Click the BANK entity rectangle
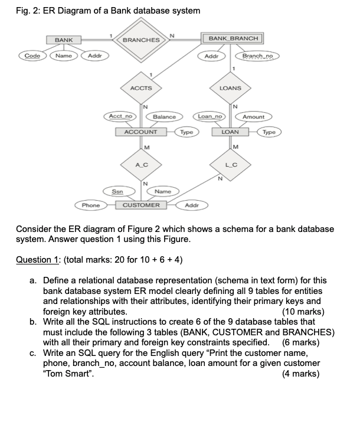64,40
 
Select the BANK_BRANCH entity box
233,38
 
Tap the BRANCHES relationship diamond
141,40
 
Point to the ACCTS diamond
141,88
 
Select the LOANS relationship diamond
230,88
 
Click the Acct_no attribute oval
120,116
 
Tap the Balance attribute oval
164,117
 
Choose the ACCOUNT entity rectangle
140,132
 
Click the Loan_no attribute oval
210,116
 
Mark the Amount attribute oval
253,117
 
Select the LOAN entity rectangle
230,132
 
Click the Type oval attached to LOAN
269,132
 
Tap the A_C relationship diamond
141,165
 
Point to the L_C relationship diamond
230,165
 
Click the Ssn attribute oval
117,191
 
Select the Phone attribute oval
91,205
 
